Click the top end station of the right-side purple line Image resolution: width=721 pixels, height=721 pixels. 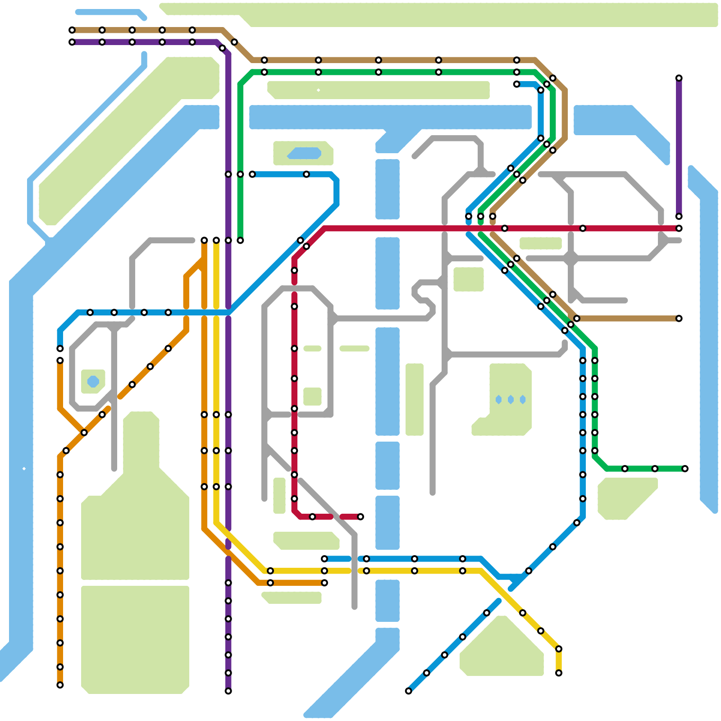679,78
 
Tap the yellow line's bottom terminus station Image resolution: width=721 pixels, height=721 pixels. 559,673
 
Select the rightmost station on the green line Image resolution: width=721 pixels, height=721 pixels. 685,469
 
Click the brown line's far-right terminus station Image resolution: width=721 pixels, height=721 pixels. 679,319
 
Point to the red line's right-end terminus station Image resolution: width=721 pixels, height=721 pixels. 679,228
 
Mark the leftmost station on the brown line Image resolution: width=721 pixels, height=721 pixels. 72,30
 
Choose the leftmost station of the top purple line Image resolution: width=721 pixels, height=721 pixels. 72,42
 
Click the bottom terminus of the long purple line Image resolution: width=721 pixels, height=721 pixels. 228,691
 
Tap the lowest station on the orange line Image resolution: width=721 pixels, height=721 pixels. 60,685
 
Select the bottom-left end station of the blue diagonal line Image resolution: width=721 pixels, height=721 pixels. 408,691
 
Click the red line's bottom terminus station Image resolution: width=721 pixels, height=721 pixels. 360,517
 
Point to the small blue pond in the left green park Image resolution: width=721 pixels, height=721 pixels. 93,382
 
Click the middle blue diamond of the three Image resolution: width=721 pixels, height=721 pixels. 511,400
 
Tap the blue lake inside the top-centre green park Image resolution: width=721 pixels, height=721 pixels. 305,153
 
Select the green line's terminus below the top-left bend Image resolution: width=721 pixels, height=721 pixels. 240,241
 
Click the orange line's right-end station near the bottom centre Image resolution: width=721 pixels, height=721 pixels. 324,583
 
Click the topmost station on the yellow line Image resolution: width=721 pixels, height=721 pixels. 216,241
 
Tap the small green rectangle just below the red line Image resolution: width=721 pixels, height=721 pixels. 541,243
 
